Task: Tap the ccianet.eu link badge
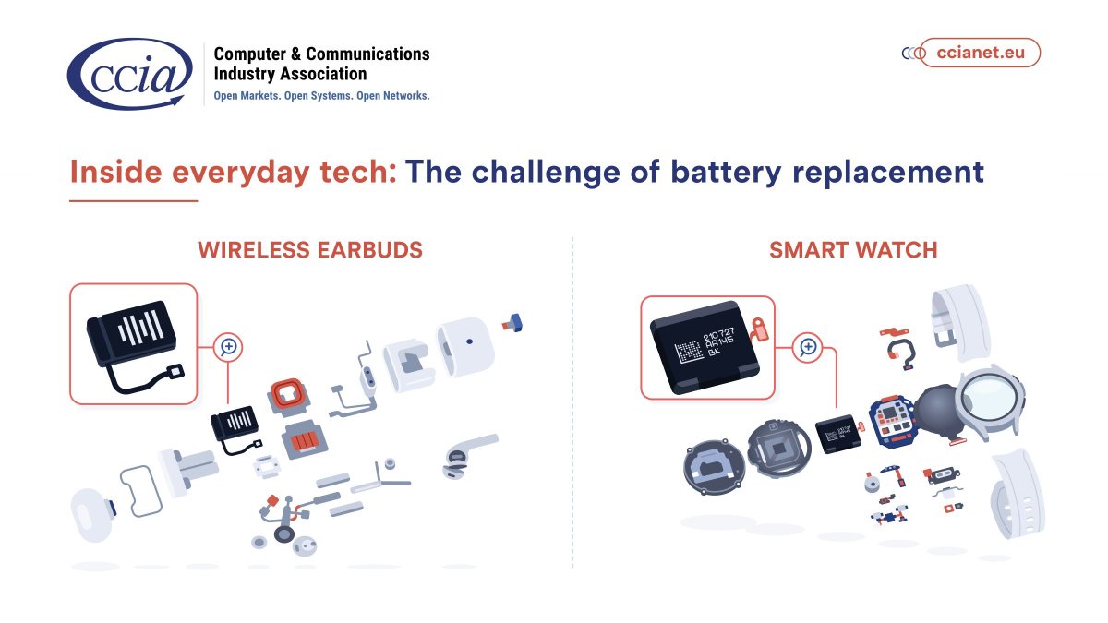980,53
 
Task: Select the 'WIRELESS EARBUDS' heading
310,250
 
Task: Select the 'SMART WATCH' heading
853,250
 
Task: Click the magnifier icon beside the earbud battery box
228,348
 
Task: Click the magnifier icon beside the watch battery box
808,347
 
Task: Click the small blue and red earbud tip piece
512,322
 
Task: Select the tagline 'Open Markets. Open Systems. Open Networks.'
321,95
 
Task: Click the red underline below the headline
134,200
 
